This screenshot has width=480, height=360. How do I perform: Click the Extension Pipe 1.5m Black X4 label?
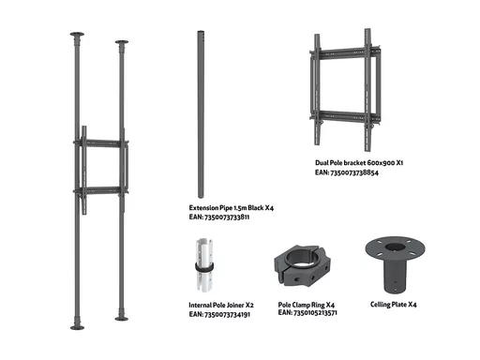pyautogui.click(x=232, y=208)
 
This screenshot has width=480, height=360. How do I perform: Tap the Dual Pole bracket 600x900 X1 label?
pyautogui.click(x=359, y=163)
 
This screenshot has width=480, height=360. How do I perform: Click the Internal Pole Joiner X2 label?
pyautogui.click(x=221, y=305)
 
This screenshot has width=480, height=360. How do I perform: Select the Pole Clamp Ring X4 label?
pyautogui.click(x=307, y=305)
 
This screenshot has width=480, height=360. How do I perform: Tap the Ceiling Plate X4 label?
pyautogui.click(x=394, y=305)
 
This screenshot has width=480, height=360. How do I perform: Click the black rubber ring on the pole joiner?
pyautogui.click(x=204, y=268)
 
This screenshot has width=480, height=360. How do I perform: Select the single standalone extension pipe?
pyautogui.click(x=201, y=114)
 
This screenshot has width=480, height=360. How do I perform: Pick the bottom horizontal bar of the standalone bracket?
pyautogui.click(x=345, y=116)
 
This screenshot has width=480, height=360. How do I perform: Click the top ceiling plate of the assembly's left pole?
pyautogui.click(x=77, y=34)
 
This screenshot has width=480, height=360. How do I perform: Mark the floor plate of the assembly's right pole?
pyautogui.click(x=122, y=319)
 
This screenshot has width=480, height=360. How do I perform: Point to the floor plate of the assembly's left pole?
pyautogui.click(x=77, y=327)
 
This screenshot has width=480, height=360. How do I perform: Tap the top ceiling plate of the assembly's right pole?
pyautogui.click(x=122, y=42)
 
